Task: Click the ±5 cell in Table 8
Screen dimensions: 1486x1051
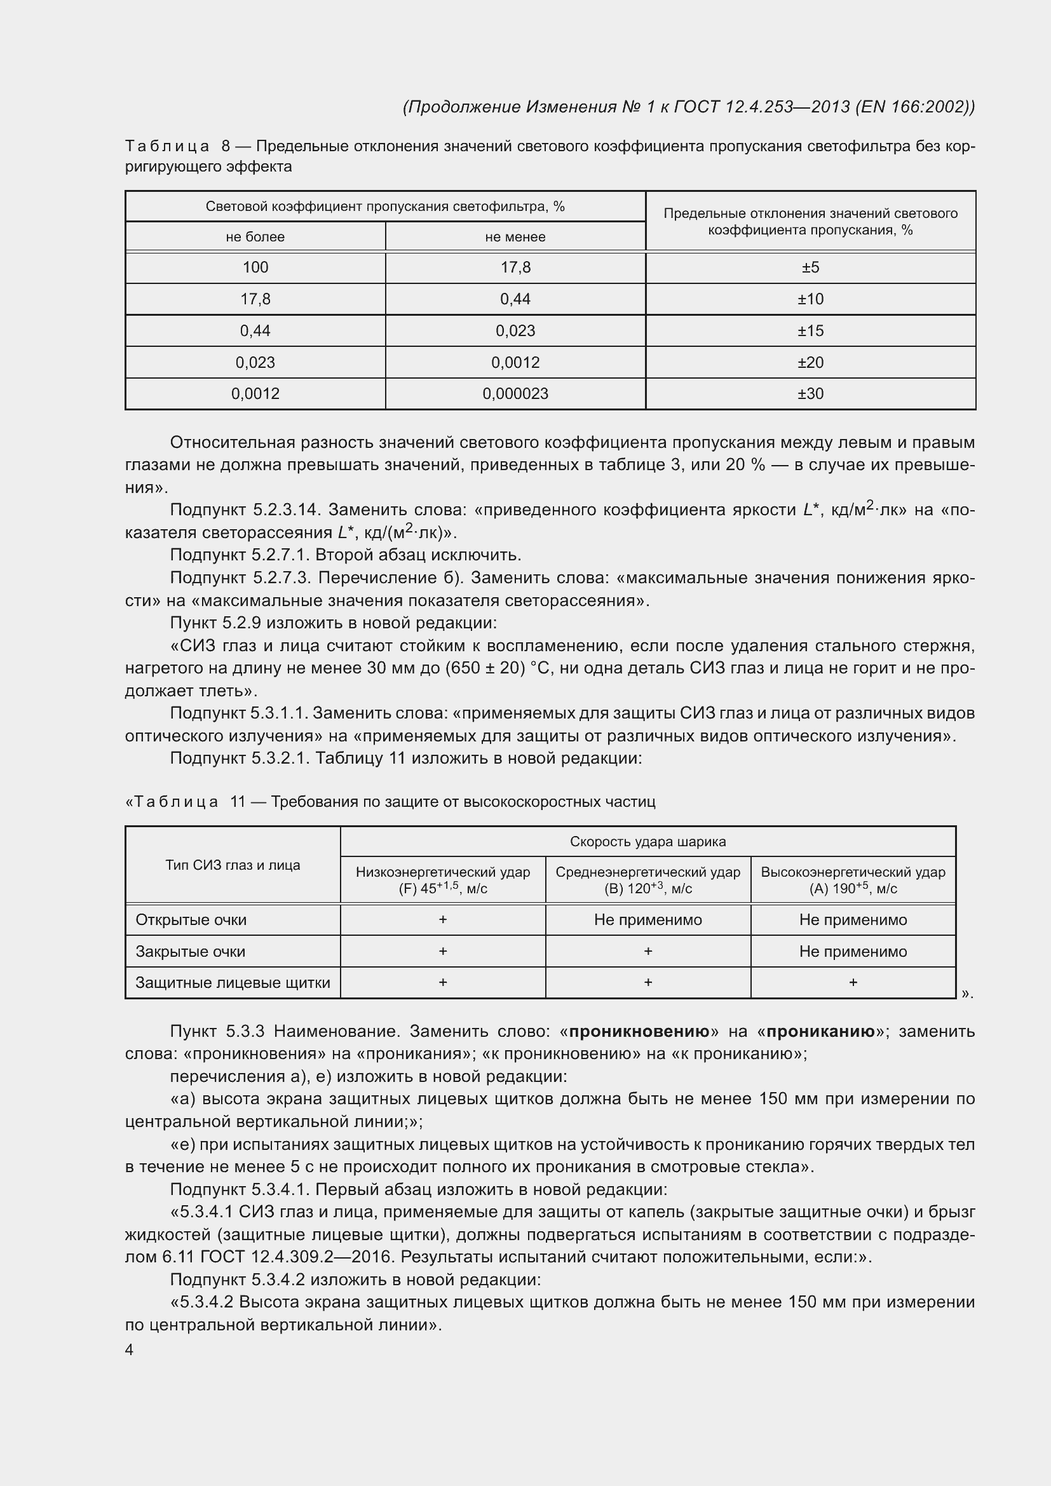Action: pyautogui.click(x=810, y=267)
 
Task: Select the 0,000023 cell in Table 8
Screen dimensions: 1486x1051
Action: pyautogui.click(x=515, y=393)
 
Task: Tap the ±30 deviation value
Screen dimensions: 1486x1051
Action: pyautogui.click(x=810, y=393)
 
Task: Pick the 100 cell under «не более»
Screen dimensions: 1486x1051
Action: pyautogui.click(x=255, y=267)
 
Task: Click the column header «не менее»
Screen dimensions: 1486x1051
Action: pyautogui.click(x=515, y=237)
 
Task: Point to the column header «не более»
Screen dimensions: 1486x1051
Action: pyautogui.click(x=255, y=237)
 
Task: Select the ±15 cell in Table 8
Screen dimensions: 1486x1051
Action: pyautogui.click(x=810, y=331)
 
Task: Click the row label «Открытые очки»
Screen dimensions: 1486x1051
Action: pyautogui.click(x=191, y=920)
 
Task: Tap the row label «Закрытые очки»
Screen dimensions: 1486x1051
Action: pyautogui.click(x=190, y=952)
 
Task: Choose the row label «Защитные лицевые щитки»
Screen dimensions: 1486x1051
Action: pyautogui.click(x=233, y=982)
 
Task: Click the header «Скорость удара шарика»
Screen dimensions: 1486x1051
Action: pyautogui.click(x=648, y=841)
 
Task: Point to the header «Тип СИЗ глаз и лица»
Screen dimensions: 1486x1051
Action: pyautogui.click(x=233, y=865)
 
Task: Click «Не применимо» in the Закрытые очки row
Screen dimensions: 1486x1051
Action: pyautogui.click(x=853, y=952)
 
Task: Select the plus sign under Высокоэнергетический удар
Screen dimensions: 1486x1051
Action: pyautogui.click(x=853, y=982)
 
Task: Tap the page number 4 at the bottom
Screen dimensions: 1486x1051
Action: pyautogui.click(x=130, y=1349)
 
